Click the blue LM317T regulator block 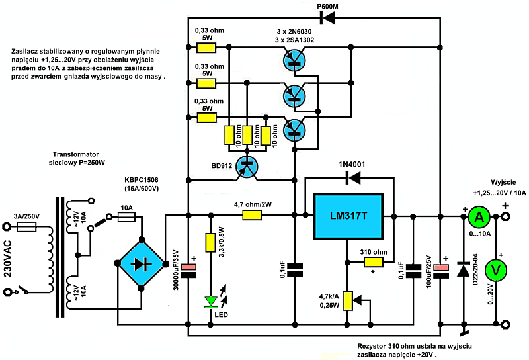(348, 216)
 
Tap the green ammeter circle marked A (480, 216)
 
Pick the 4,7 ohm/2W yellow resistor (251, 215)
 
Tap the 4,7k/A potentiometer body (346, 301)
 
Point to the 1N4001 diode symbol (354, 178)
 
